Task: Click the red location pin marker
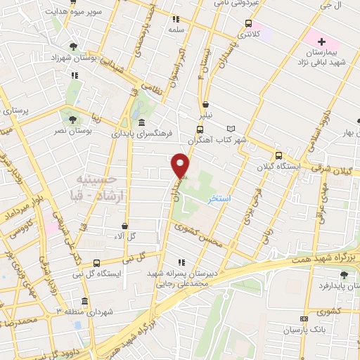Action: click(x=181, y=165)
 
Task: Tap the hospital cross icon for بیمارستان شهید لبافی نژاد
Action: click(x=321, y=41)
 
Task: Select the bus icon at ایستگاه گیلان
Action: click(x=278, y=156)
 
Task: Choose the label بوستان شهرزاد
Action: click(x=73, y=58)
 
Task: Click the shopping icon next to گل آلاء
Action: click(x=125, y=226)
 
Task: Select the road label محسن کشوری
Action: click(x=199, y=236)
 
